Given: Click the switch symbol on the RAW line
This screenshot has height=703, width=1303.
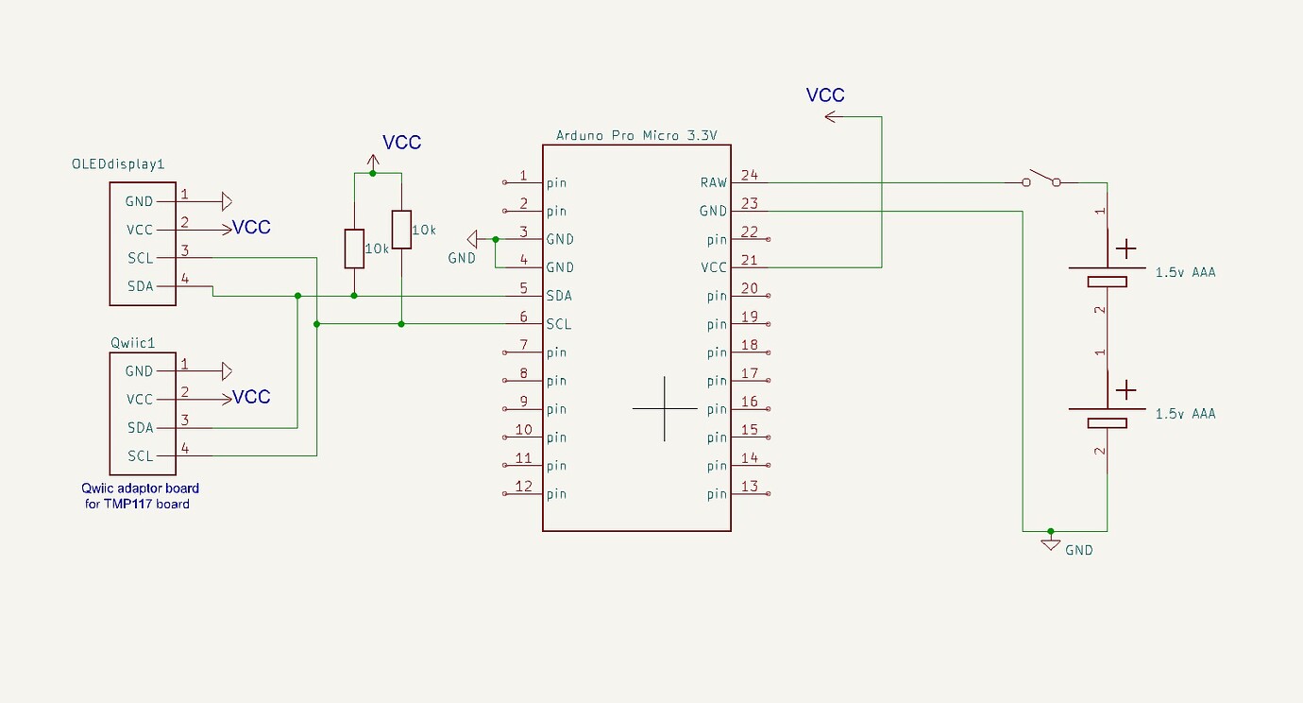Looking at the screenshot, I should pyautogui.click(x=1041, y=178).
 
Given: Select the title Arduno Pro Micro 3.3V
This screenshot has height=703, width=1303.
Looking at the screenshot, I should pyautogui.click(x=636, y=135).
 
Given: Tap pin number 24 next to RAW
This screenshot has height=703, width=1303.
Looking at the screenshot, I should pyautogui.click(x=750, y=175).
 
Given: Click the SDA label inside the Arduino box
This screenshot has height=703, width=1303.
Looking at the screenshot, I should pyautogui.click(x=559, y=296).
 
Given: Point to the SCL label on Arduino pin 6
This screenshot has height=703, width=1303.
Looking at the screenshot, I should pyautogui.click(x=559, y=324).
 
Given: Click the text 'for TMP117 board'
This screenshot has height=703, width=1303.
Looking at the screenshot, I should pyautogui.click(x=137, y=504).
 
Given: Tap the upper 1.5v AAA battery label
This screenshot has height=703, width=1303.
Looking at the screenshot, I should pyautogui.click(x=1185, y=272).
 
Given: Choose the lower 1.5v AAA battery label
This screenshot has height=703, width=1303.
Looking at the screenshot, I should pyautogui.click(x=1185, y=414).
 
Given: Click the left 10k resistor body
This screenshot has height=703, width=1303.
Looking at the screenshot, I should pyautogui.click(x=354, y=248).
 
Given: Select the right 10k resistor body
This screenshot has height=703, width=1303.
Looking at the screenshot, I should pyautogui.click(x=401, y=230).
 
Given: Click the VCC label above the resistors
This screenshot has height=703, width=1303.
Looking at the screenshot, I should pyautogui.click(x=401, y=143).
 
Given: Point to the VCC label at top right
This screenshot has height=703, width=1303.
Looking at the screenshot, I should pyautogui.click(x=825, y=95).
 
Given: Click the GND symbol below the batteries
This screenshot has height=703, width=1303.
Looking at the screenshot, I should pyautogui.click(x=1050, y=545).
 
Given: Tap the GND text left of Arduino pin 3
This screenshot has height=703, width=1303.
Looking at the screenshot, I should pyautogui.click(x=462, y=258).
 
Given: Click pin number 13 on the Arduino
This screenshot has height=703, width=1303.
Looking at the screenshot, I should pyautogui.click(x=750, y=487).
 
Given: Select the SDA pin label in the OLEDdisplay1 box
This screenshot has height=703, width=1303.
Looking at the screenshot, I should pyautogui.click(x=140, y=286).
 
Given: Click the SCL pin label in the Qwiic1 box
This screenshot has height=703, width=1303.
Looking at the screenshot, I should pyautogui.click(x=140, y=455).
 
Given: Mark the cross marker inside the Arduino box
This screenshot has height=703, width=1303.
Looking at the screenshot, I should pyautogui.click(x=665, y=408).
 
